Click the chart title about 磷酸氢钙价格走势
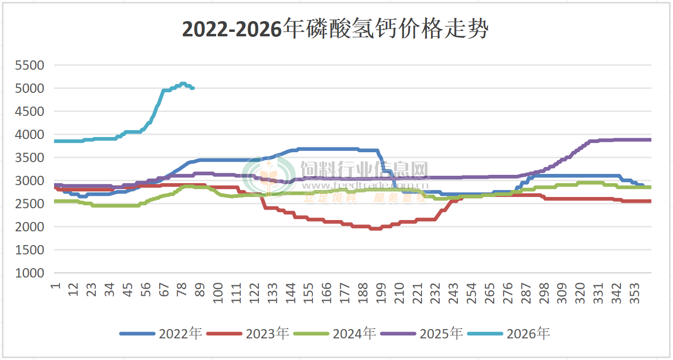[336, 29]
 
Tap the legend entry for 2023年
[248, 333]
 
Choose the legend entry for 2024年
[335, 333]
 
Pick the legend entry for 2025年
[422, 333]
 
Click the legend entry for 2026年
[509, 333]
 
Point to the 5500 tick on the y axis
[29, 65]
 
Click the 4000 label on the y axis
[29, 135]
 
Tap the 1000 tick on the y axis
[29, 273]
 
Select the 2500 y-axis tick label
[29, 204]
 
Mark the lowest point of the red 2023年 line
[375, 228]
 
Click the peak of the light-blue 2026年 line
[183, 83]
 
